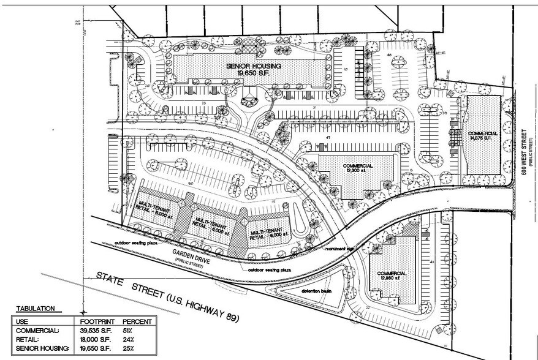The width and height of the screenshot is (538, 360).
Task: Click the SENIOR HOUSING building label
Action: [253, 69]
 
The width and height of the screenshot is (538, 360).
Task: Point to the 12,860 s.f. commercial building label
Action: [393, 276]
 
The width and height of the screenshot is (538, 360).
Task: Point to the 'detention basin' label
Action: [316, 291]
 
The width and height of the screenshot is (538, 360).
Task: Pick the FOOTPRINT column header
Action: [98, 321]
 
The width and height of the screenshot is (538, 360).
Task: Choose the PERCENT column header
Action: [137, 321]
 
